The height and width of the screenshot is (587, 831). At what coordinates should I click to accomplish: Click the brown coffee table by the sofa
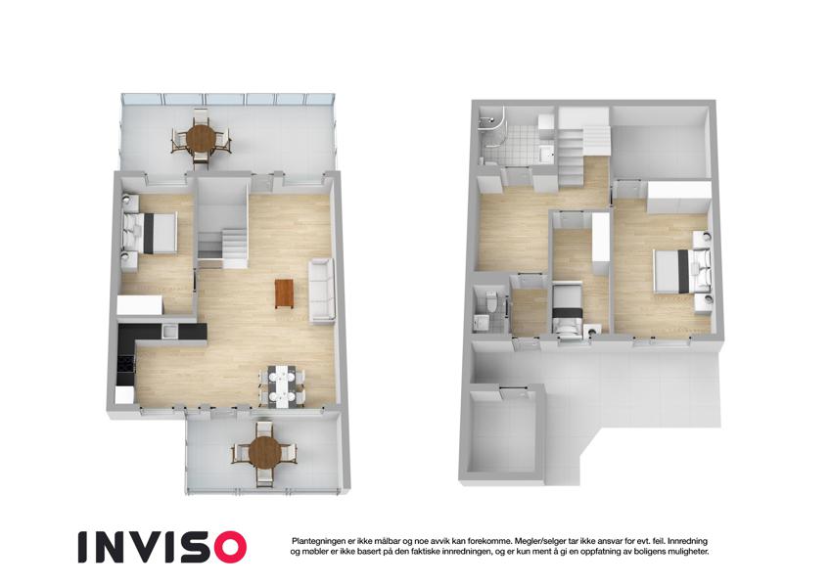click(284, 293)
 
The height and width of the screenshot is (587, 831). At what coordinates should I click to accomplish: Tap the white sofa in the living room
click(322, 291)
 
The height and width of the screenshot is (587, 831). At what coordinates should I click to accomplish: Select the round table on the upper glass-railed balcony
click(201, 137)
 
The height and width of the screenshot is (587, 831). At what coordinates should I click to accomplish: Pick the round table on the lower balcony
click(264, 453)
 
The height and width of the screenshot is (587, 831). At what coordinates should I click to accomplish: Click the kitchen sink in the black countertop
click(170, 332)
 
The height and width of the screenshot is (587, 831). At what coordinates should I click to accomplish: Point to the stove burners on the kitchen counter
click(126, 365)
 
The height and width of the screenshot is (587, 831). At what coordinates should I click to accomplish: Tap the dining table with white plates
click(281, 385)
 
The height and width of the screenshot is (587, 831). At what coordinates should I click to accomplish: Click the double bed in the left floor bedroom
click(151, 233)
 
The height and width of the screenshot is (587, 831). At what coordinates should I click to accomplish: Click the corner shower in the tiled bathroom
click(491, 124)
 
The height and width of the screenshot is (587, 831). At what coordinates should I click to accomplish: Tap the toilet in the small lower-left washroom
click(490, 300)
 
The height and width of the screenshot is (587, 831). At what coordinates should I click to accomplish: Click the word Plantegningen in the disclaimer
click(317, 541)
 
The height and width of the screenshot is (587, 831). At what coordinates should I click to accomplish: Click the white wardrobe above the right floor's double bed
click(679, 198)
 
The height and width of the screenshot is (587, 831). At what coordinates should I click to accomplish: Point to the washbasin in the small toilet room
click(482, 322)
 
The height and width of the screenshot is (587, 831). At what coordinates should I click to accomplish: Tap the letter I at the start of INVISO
click(82, 547)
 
